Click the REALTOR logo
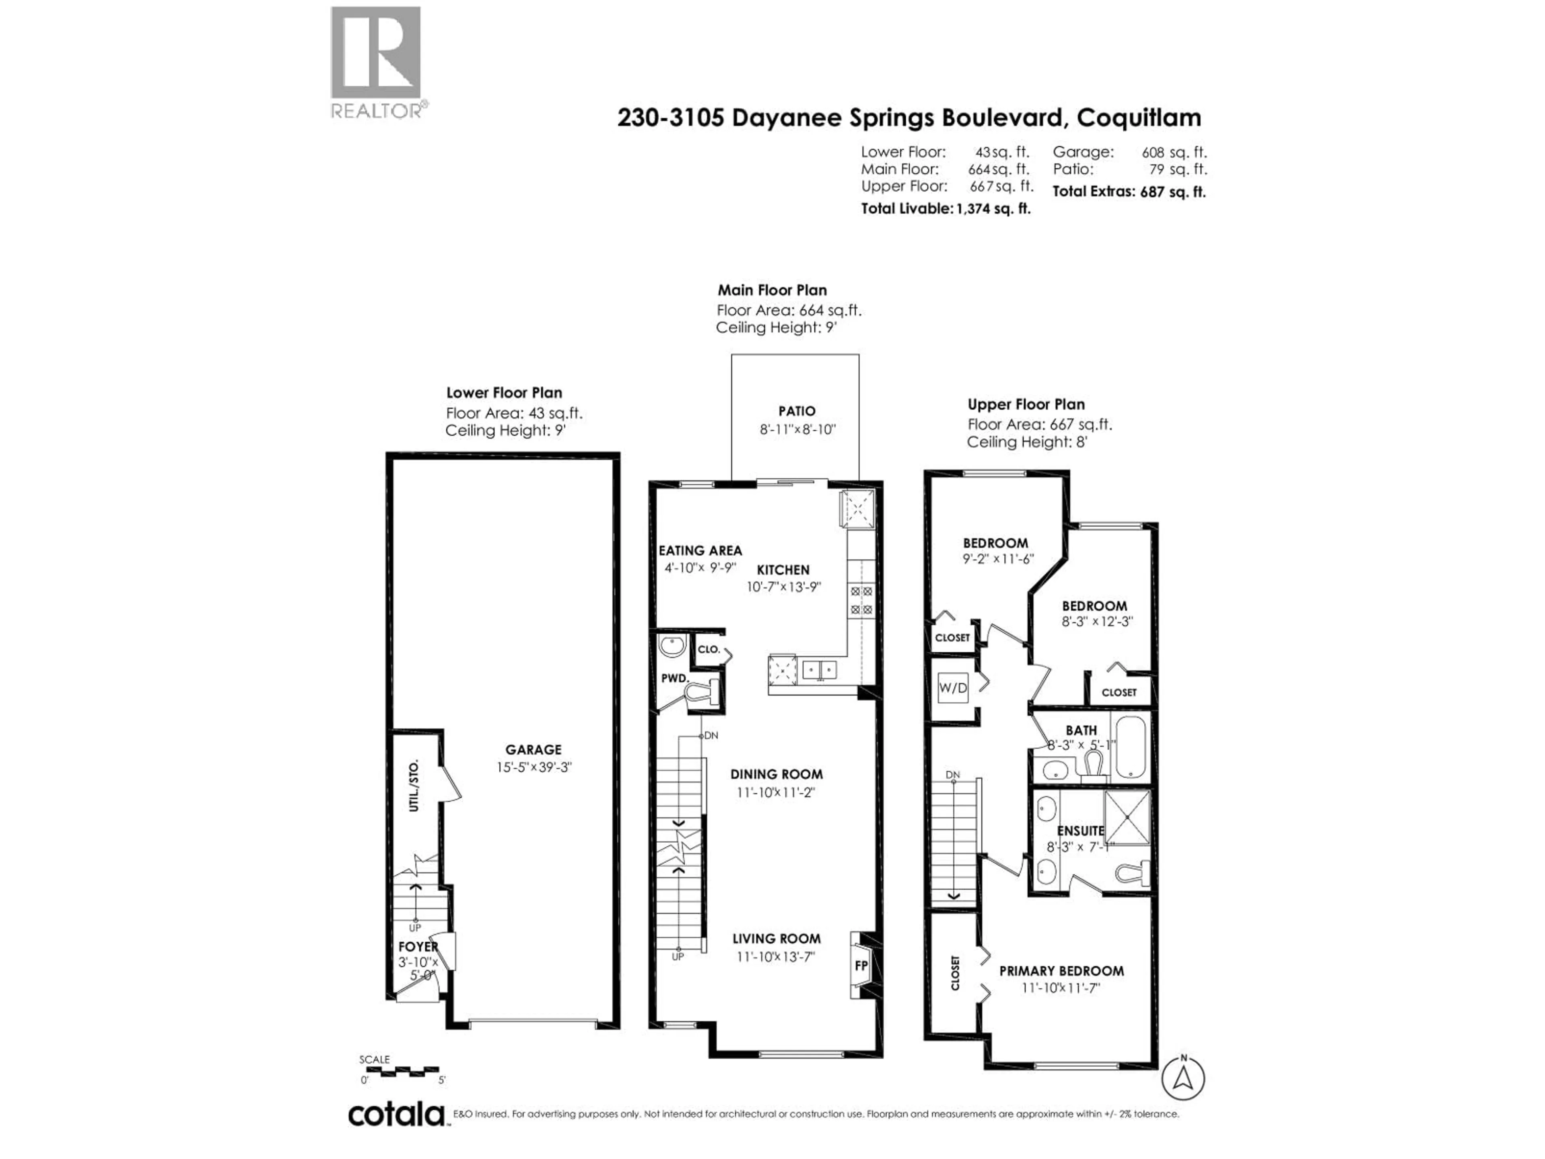[x=376, y=62]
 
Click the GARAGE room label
[x=533, y=750]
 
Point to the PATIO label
[x=797, y=411]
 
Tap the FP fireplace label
[x=861, y=965]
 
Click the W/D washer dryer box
[x=953, y=688]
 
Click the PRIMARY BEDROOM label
[x=1061, y=971]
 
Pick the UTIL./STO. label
[x=414, y=785]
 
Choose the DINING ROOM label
[x=776, y=774]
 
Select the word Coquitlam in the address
[x=1139, y=118]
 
